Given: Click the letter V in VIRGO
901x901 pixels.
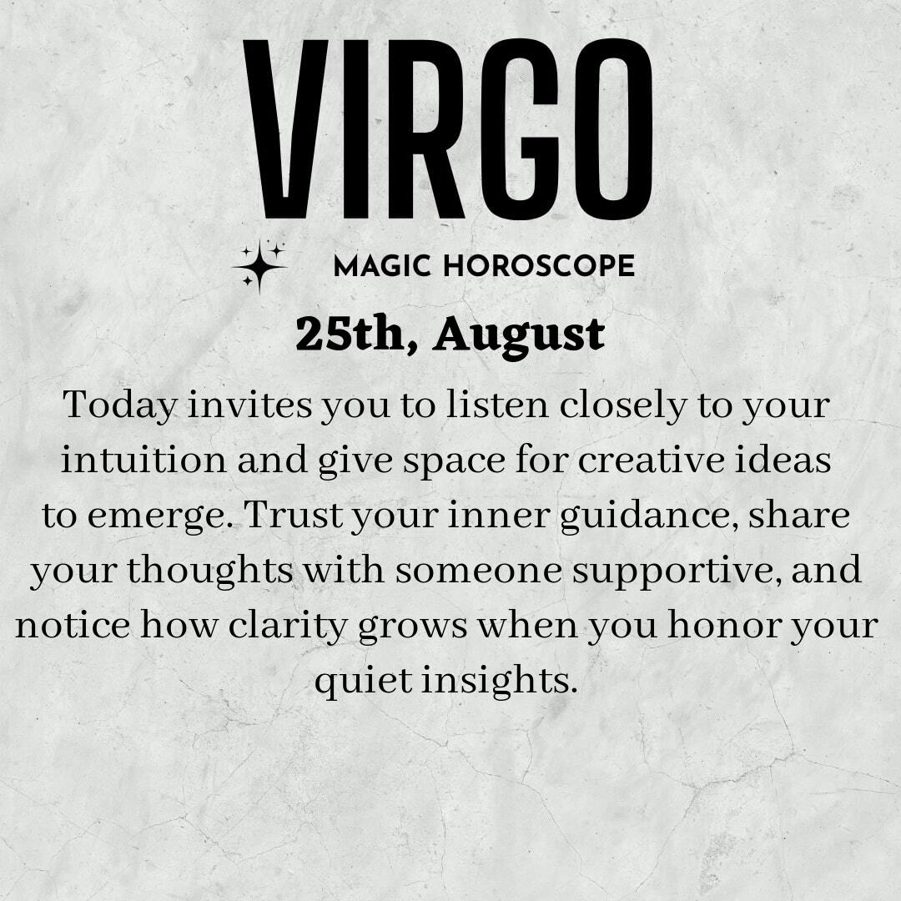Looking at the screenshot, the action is [285, 129].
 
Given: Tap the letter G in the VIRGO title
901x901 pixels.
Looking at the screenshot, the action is [520, 129].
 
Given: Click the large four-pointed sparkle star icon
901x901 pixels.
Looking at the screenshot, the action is [259, 267].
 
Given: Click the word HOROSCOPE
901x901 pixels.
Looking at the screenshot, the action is [539, 267].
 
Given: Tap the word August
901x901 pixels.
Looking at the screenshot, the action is [519, 337].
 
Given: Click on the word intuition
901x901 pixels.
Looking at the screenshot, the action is [143, 461].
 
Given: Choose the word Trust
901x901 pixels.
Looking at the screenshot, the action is [294, 515].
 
